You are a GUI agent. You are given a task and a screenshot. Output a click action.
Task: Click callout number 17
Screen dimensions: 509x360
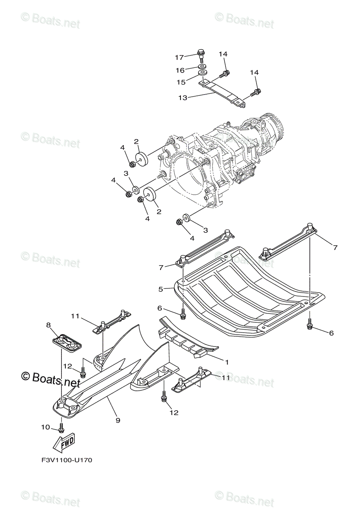(179, 57)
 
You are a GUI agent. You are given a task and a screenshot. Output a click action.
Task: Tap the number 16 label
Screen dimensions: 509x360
(180, 70)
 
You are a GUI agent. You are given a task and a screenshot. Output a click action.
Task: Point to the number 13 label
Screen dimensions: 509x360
(183, 98)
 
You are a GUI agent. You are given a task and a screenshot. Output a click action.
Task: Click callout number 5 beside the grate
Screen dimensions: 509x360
(160, 289)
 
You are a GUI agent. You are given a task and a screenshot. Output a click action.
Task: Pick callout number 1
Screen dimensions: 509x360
(227, 362)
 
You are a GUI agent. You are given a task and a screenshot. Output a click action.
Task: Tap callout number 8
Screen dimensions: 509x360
(48, 325)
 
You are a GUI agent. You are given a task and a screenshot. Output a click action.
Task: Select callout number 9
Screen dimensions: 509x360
(118, 420)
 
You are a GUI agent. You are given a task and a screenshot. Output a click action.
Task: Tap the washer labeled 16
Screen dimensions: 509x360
(202, 67)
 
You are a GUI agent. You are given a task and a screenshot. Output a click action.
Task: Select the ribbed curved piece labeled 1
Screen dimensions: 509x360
(191, 339)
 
